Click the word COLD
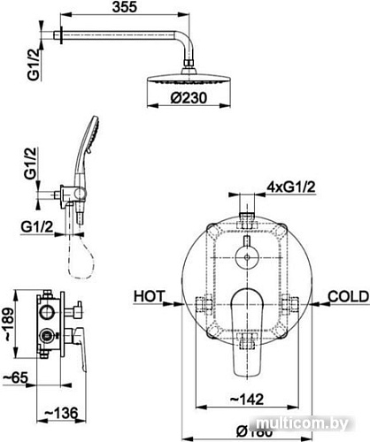point(343,294)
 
